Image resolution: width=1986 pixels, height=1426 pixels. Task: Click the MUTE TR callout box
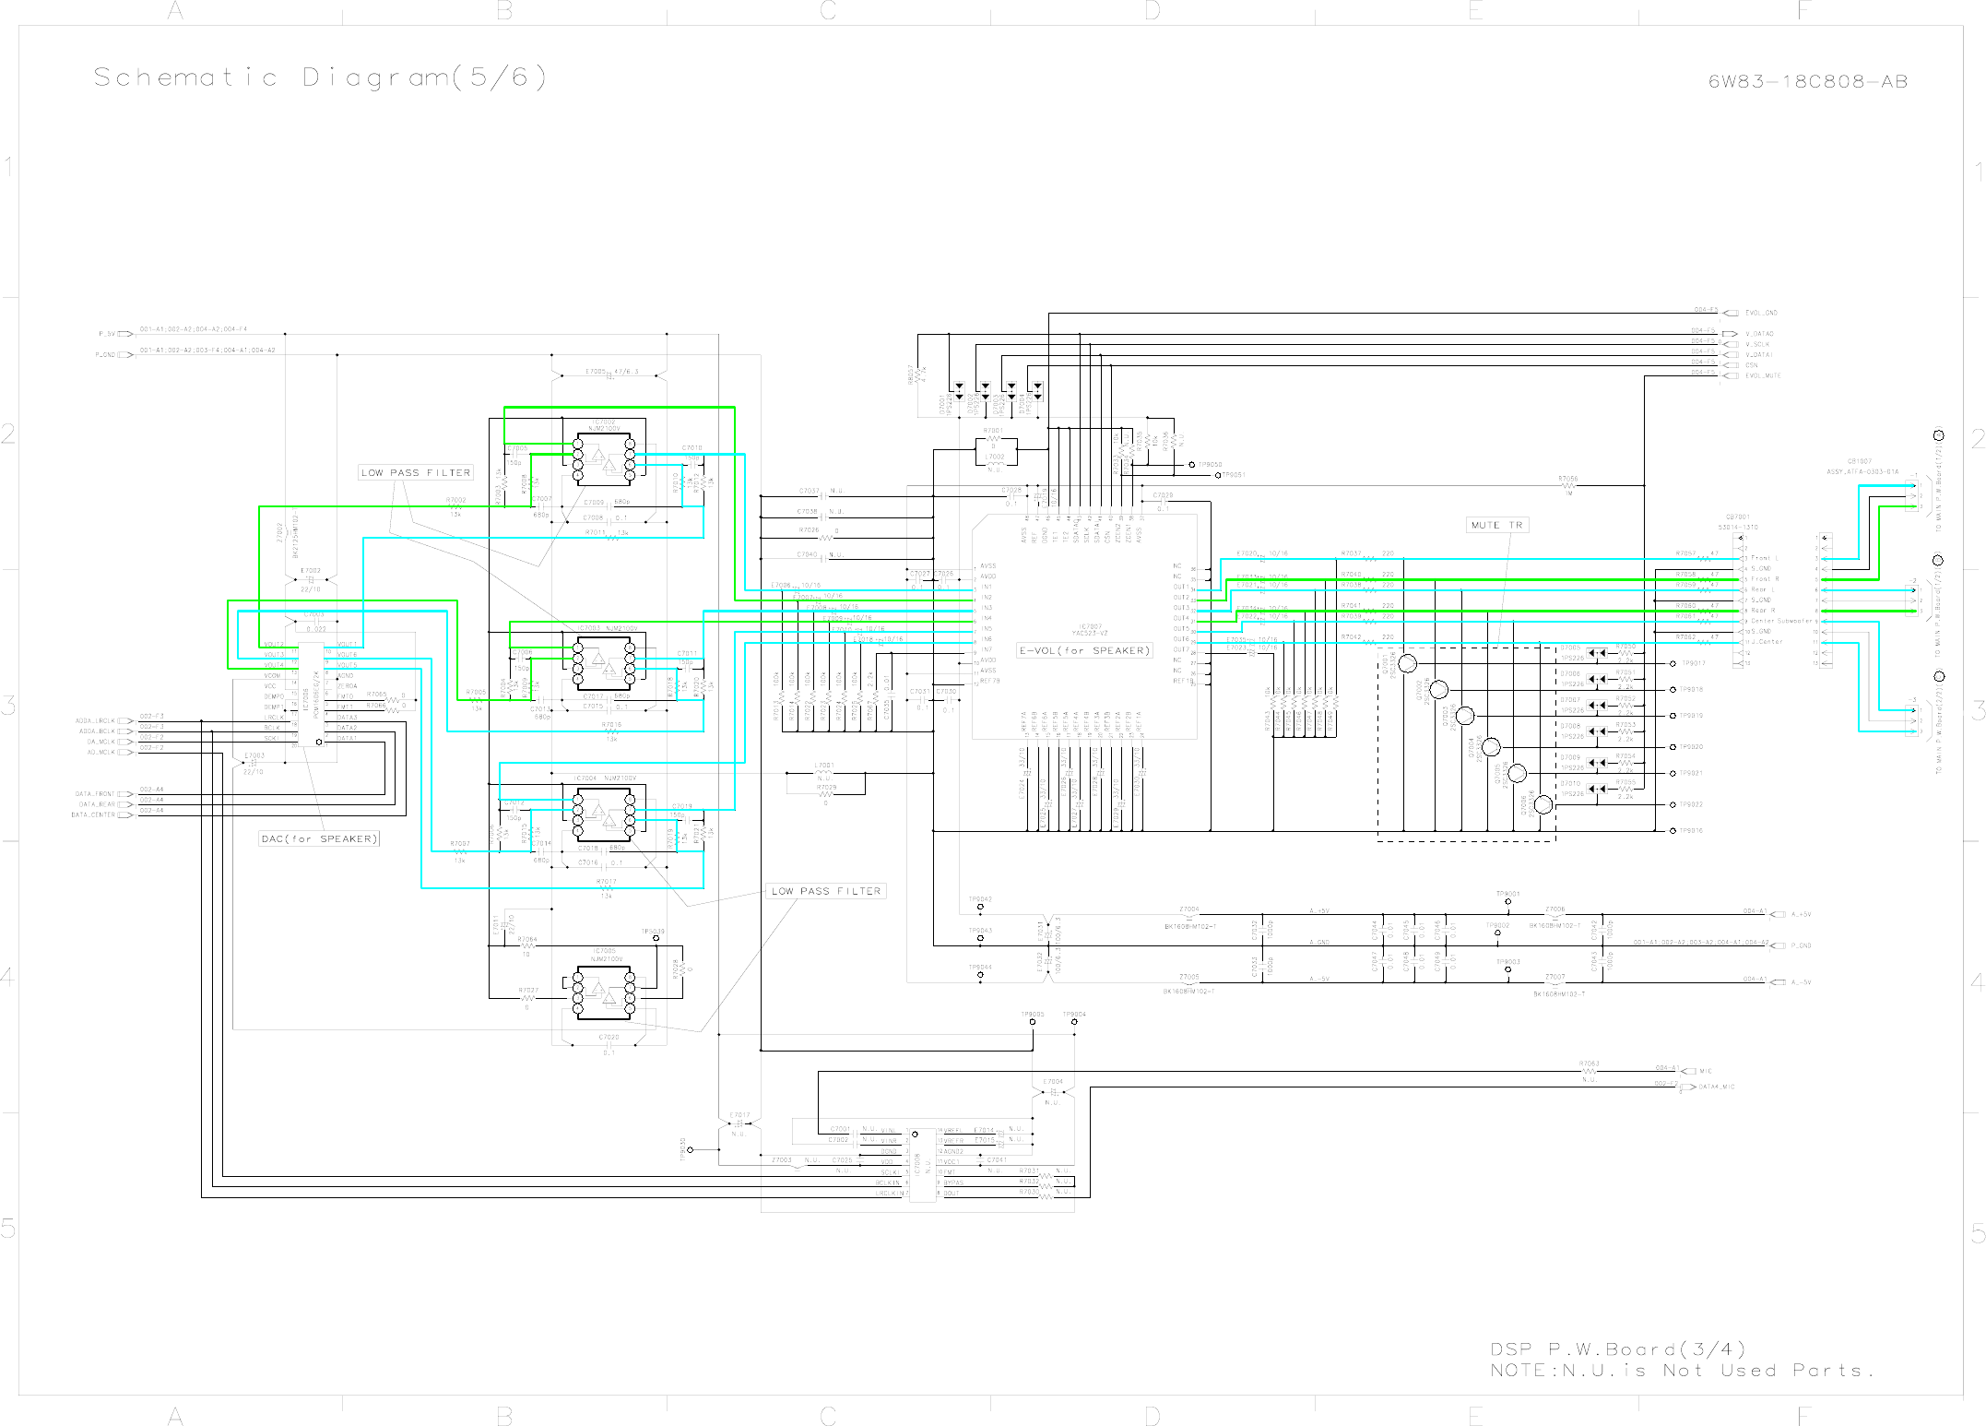(x=1497, y=525)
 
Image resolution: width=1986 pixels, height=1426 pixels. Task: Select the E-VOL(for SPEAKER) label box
(x=1084, y=650)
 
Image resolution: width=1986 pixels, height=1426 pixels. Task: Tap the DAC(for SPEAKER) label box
(x=319, y=838)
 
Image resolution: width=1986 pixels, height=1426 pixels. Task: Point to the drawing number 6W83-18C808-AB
(x=1807, y=81)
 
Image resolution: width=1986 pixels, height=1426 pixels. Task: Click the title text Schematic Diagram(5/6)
(x=320, y=77)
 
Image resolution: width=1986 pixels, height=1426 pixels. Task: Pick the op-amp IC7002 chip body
(x=604, y=459)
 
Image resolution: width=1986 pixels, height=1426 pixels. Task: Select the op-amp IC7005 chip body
(x=604, y=993)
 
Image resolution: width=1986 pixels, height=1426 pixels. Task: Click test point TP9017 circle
(x=1673, y=663)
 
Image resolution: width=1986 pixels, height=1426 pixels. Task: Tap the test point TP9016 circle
(x=1673, y=831)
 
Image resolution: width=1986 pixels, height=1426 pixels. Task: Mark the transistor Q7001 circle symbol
(x=1407, y=663)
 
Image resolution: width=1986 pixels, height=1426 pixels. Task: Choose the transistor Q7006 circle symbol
(x=1543, y=805)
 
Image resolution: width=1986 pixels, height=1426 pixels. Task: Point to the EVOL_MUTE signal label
(x=1763, y=375)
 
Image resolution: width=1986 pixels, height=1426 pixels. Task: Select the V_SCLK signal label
(x=1757, y=344)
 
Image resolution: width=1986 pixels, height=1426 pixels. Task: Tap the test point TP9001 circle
(x=1507, y=902)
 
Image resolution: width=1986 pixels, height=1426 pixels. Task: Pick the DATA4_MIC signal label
(x=1716, y=1087)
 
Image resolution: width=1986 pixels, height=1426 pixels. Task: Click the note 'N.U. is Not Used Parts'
(x=1682, y=1371)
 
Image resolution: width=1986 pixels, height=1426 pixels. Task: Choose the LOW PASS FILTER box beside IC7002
(x=416, y=472)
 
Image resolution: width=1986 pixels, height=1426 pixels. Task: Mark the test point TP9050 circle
(x=1191, y=465)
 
